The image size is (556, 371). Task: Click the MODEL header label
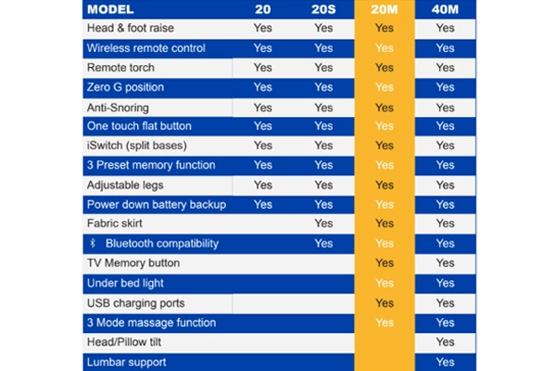pos(110,9)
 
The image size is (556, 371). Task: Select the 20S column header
pos(323,9)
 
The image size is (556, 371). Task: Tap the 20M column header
pos(385,9)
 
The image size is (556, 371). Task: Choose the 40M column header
pos(445,9)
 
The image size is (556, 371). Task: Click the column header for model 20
pos(263,9)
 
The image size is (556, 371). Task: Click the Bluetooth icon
pos(93,243)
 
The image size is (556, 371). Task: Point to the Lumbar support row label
pos(127,362)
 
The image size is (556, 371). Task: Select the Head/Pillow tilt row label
pos(124,342)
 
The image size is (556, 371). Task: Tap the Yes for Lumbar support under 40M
pos(446,362)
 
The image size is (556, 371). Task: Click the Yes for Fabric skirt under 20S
pos(323,224)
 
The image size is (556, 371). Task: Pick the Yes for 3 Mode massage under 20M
pos(385,323)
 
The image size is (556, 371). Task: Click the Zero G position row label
pos(125,87)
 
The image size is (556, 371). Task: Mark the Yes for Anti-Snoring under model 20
pos(263,108)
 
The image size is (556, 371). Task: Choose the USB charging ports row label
pos(136,303)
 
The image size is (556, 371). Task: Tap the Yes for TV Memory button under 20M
pos(385,263)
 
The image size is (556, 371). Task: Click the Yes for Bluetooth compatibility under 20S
pos(323,244)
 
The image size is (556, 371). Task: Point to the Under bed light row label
pos(125,283)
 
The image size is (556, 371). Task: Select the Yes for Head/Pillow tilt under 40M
pos(446,342)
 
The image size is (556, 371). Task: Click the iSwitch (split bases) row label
pos(137,146)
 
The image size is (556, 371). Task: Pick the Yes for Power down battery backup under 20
pos(263,204)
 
